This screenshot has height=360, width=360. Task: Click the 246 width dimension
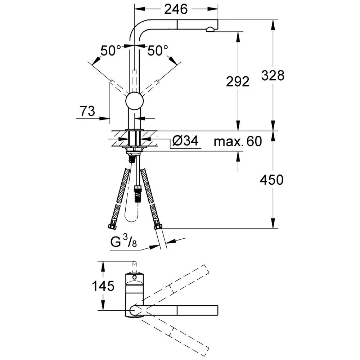point(176,10)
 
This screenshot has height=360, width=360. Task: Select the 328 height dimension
point(273,75)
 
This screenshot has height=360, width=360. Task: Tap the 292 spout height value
point(238,82)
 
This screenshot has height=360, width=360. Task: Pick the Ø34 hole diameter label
point(185,141)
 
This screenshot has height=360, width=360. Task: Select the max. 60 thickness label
point(238,141)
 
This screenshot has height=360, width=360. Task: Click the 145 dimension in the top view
point(103,286)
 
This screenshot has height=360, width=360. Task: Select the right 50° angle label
point(158,50)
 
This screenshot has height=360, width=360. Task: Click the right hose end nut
point(158,226)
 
